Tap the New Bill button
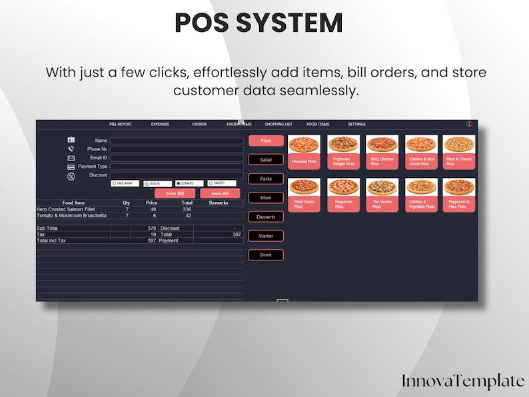coord(221,193)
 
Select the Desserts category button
coord(266,217)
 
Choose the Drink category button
coord(266,255)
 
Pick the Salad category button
coord(266,160)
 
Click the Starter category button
coord(266,236)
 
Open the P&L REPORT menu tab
coord(121,125)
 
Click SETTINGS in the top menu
coord(356,125)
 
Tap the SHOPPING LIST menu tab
coord(278,125)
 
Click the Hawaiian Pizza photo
coord(304,145)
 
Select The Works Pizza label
coord(382,204)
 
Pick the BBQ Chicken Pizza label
coord(382,162)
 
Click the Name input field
coord(177,141)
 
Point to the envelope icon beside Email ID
coord(71,158)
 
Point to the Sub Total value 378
coord(151,228)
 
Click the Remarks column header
coord(219,202)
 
